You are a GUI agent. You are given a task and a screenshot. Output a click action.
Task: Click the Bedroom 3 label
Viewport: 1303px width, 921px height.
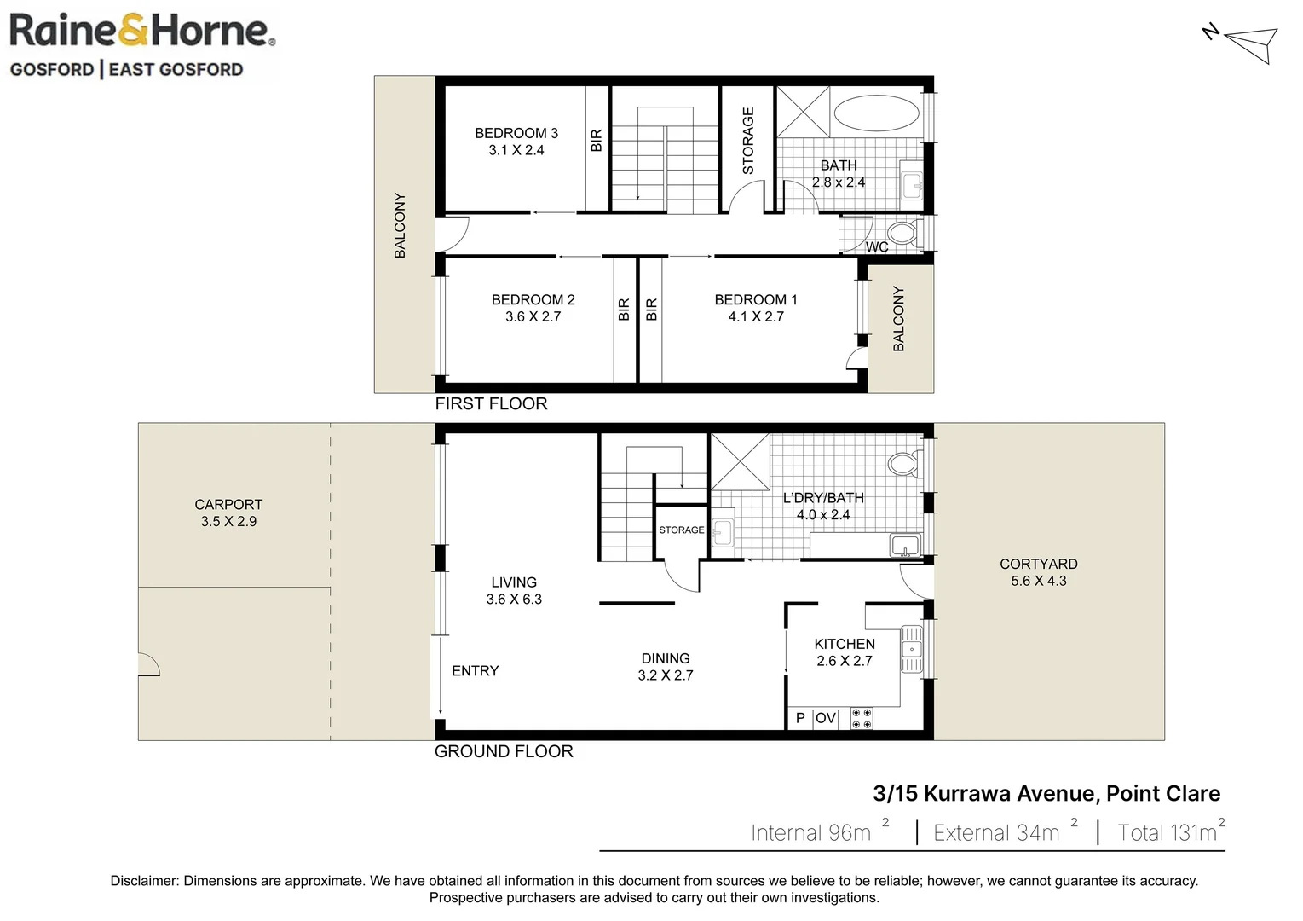tap(516, 133)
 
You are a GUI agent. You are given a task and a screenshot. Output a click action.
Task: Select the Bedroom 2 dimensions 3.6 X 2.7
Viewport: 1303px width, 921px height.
tap(533, 316)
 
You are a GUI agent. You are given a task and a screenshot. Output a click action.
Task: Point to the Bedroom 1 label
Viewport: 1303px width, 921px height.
tap(755, 299)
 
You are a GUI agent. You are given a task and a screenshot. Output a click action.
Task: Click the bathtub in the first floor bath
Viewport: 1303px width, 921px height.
tap(876, 113)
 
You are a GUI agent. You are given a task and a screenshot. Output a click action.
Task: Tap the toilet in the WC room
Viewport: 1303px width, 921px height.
tap(902, 233)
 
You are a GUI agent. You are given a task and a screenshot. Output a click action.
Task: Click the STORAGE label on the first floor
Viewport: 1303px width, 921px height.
tap(748, 141)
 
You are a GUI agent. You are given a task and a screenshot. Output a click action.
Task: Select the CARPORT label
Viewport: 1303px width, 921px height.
tap(228, 504)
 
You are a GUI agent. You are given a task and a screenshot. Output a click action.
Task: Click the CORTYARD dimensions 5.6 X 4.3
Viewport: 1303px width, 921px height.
tap(1038, 581)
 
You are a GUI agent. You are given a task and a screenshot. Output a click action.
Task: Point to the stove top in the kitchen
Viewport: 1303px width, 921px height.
tap(862, 718)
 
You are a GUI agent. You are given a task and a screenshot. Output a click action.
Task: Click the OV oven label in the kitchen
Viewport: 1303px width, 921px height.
tap(825, 718)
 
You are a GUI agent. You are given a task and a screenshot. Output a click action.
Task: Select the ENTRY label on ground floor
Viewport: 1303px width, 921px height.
tap(475, 671)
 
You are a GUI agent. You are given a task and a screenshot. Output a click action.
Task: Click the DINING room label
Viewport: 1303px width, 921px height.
tap(665, 658)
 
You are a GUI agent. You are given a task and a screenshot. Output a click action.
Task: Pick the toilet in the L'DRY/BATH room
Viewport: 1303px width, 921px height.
tap(902, 464)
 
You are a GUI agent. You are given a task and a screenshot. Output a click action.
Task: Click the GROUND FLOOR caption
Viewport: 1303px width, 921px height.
tap(503, 751)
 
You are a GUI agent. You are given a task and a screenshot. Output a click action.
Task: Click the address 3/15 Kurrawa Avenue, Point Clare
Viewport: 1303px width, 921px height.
tap(1046, 793)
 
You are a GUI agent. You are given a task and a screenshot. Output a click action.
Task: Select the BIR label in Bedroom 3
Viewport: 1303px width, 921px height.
tap(597, 140)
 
